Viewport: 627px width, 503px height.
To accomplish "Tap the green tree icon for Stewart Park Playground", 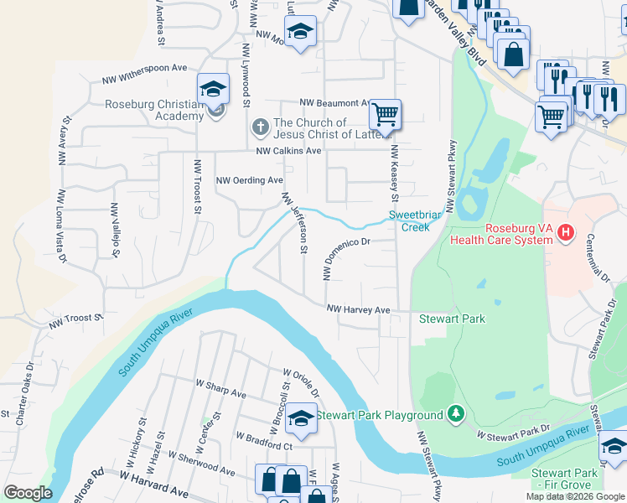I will coord(455,413).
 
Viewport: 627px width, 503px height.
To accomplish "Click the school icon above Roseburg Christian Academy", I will coord(214,88).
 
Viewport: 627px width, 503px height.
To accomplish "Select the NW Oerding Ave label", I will coord(250,180).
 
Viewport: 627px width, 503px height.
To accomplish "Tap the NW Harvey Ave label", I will coord(359,310).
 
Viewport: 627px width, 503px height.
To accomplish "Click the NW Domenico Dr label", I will coord(346,257).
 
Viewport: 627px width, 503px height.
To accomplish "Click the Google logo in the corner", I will coord(28,493).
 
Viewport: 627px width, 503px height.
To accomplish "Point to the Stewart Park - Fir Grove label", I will coord(565,479).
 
